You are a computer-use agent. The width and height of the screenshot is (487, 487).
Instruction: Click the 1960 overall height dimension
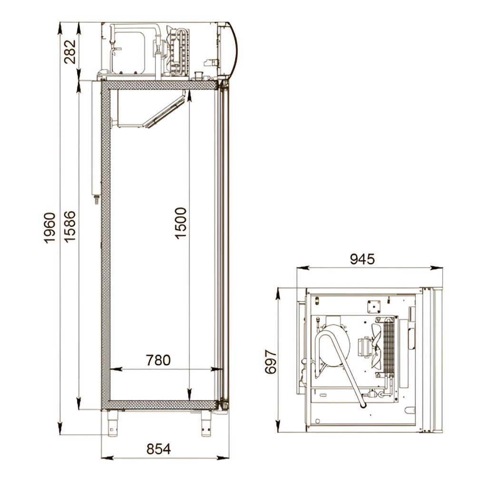click(x=49, y=228)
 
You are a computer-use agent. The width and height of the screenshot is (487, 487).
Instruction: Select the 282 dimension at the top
click(x=70, y=51)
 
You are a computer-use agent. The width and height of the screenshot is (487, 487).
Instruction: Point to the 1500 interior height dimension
click(x=180, y=223)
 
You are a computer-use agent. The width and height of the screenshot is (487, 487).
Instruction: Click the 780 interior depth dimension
click(x=158, y=360)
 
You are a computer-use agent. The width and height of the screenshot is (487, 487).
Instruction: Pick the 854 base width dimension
click(x=159, y=449)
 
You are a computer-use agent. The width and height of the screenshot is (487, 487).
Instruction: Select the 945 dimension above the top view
click(x=362, y=259)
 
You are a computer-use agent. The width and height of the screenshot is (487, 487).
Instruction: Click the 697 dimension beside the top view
click(x=271, y=361)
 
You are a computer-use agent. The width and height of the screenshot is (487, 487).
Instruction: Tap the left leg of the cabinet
click(x=112, y=423)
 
